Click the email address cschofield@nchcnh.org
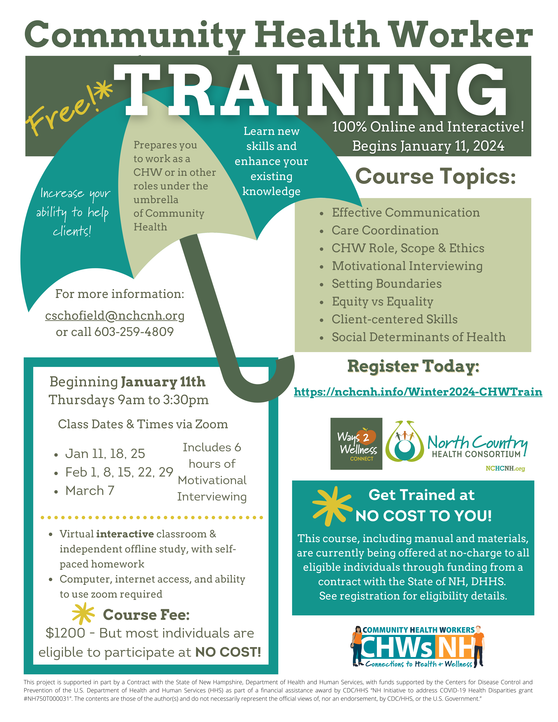tap(115, 316)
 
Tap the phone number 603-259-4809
tap(134, 332)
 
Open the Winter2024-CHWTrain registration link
tap(418, 392)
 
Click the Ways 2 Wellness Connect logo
tap(356, 444)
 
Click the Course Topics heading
tap(435, 177)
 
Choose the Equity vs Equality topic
tap(383, 301)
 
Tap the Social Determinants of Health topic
tap(418, 337)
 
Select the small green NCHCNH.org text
tap(505, 468)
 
